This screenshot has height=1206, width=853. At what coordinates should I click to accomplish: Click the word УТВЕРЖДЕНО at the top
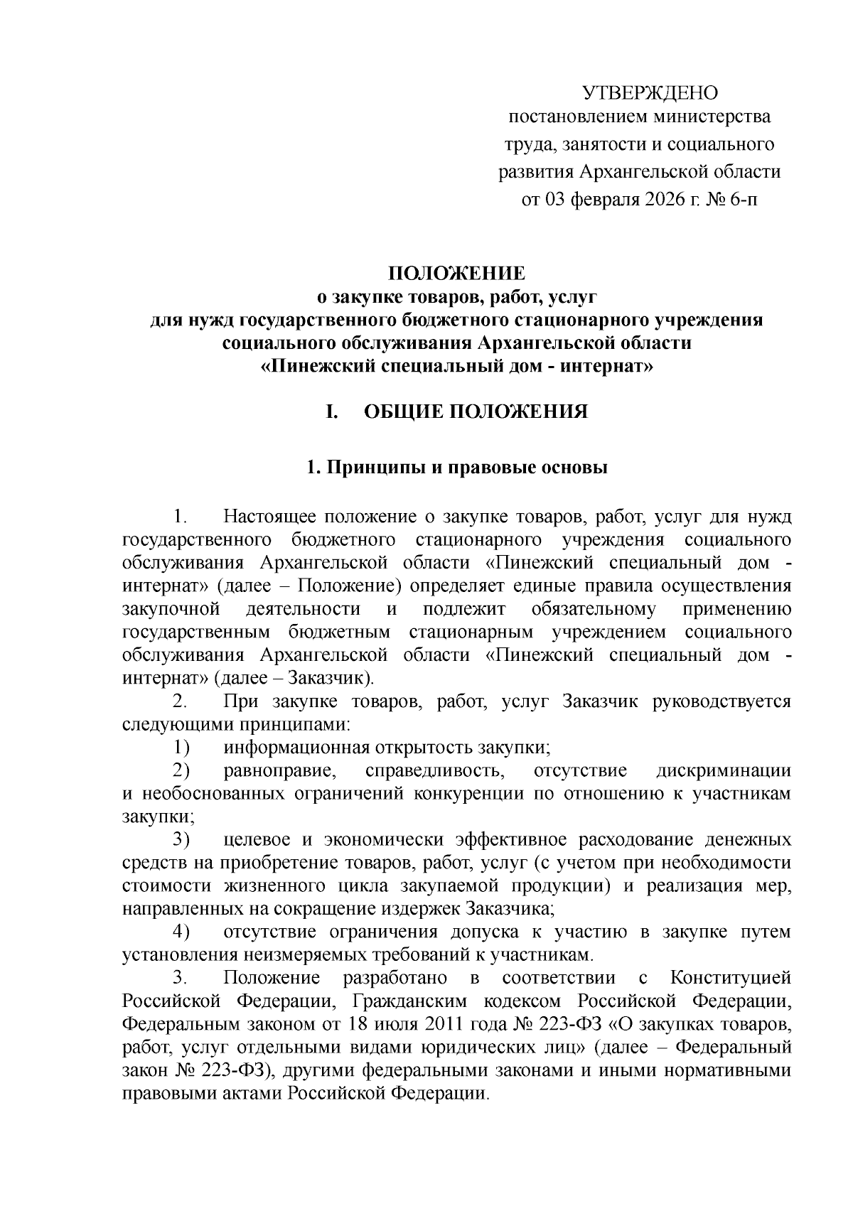pos(650,93)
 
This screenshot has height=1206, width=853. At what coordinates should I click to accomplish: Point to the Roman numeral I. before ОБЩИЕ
pos(331,412)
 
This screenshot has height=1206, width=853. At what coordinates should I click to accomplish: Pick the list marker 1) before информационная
pos(182,747)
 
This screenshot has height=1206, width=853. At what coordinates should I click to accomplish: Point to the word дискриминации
pos(724,770)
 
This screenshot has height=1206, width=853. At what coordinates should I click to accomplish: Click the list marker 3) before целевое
pos(182,840)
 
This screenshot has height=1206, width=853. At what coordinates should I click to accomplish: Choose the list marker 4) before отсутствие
pos(182,932)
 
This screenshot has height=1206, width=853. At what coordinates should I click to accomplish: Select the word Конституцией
pos(731,978)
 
